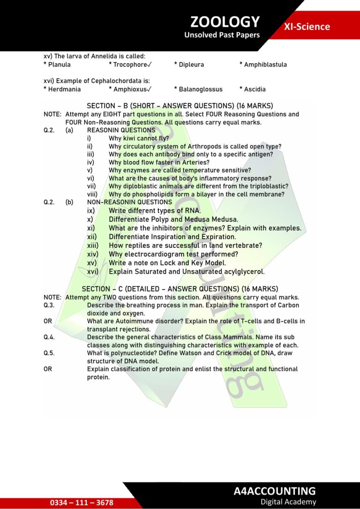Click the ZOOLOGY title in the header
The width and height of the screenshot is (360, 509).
pyautogui.click(x=225, y=22)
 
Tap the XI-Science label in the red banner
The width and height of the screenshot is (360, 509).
pyautogui.click(x=307, y=27)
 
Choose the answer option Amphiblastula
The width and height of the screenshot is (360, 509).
pyautogui.click(x=265, y=65)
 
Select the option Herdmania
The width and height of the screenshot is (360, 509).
pyautogui.click(x=64, y=89)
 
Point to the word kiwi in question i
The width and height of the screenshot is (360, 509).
pyautogui.click(x=129, y=138)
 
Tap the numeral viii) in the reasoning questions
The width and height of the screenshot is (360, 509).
pyautogui.click(x=93, y=194)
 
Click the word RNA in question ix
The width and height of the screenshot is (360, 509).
pyautogui.click(x=192, y=211)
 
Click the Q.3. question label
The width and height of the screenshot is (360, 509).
pyautogui.click(x=49, y=305)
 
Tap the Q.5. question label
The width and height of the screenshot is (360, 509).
pyautogui.click(x=49, y=353)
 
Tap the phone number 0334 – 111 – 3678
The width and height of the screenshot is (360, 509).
pyautogui.click(x=82, y=502)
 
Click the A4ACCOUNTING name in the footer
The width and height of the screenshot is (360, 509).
pyautogui.click(x=275, y=491)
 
